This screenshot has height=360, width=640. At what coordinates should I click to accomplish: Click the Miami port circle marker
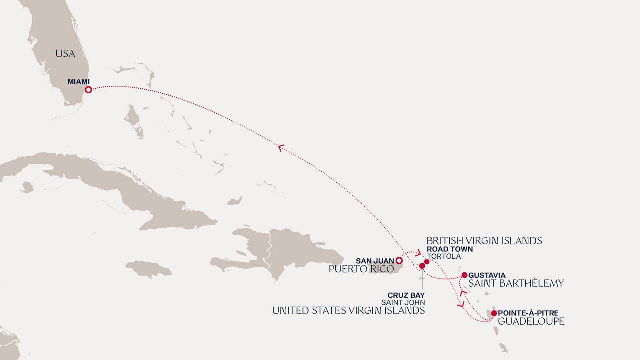pyautogui.click(x=88, y=90)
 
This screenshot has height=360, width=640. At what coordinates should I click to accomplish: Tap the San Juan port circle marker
pyautogui.click(x=399, y=260)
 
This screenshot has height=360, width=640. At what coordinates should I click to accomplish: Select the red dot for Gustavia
pyautogui.click(x=464, y=275)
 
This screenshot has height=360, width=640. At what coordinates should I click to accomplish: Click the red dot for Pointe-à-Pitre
pyautogui.click(x=494, y=313)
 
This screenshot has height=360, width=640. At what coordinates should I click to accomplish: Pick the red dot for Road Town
pyautogui.click(x=427, y=261)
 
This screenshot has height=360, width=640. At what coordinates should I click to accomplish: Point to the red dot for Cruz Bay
pyautogui.click(x=422, y=266)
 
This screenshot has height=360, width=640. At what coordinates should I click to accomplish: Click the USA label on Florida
pyautogui.click(x=65, y=54)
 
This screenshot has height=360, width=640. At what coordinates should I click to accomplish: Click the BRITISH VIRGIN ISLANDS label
pyautogui.click(x=484, y=241)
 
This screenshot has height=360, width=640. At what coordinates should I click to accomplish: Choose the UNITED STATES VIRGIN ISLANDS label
pyautogui.click(x=348, y=310)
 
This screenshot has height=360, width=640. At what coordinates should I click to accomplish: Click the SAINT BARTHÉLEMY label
pyautogui.click(x=516, y=283)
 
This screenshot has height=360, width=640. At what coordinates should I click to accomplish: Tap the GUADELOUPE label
pyautogui.click(x=531, y=321)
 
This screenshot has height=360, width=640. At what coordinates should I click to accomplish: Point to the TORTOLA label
pyautogui.click(x=444, y=256)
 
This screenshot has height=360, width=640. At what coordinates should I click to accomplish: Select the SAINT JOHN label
pyautogui.click(x=403, y=302)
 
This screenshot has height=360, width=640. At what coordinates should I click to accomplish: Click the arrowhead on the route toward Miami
pyautogui.click(x=281, y=147)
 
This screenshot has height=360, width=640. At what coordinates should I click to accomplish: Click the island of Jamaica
pyautogui.click(x=148, y=269)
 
